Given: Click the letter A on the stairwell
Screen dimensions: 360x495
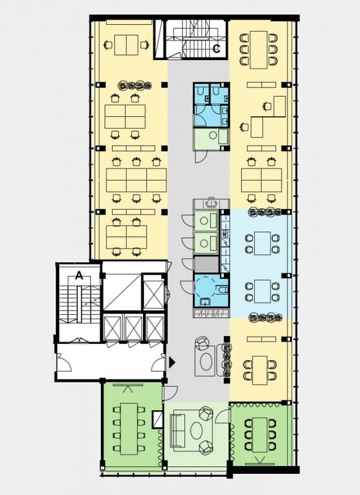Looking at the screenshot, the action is tap(79, 275).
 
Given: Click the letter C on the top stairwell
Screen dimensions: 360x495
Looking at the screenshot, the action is tap(216, 48).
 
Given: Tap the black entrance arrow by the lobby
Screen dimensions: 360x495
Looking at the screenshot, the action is tap(171, 363).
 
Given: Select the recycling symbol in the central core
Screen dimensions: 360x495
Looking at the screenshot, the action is tap(210, 203).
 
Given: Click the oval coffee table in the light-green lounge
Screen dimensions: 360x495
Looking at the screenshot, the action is tap(197, 430).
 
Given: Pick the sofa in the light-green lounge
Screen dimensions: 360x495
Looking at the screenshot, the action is tap(177, 430).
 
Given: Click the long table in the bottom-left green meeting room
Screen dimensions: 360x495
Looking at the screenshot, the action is tap(129, 428).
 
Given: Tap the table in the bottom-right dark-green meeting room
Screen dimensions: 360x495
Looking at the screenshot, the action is tap(260, 434).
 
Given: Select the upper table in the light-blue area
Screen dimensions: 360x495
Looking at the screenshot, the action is tap(262, 243).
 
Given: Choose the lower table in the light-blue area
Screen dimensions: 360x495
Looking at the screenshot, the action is tap(262, 291).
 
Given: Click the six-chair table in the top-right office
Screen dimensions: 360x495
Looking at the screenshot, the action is tap(259, 49).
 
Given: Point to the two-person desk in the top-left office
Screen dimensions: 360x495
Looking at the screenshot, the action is tap(126, 45).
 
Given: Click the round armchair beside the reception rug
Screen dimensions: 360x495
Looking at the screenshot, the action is tap(202, 343).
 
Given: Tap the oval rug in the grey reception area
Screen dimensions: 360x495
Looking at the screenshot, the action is tap(207, 361).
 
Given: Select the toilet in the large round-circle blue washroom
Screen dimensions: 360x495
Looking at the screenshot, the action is tap(223, 289).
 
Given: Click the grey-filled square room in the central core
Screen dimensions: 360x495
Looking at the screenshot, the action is tap(207, 264).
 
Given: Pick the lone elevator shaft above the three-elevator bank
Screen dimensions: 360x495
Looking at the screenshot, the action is tap(154, 295).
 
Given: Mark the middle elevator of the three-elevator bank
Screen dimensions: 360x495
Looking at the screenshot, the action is tap(134, 327).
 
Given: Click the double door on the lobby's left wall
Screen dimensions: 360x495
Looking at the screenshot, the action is tap(64, 362).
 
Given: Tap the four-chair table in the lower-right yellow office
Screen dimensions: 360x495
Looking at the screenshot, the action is tap(260, 370).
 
